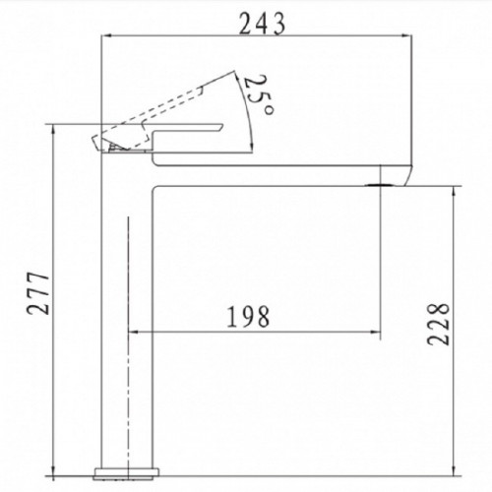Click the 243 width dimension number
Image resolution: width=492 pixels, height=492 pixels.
(262, 24)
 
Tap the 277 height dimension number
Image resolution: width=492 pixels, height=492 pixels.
(38, 293)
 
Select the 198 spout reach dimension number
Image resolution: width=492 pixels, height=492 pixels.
(248, 317)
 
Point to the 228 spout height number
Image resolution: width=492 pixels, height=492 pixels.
(438, 324)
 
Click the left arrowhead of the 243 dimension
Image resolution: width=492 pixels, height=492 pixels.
(107, 34)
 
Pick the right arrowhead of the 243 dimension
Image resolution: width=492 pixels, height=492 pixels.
(406, 34)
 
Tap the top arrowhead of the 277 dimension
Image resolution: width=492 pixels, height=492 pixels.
(53, 130)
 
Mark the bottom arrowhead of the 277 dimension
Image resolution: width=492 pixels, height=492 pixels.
(53, 470)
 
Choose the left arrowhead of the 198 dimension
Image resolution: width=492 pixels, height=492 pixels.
(135, 332)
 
